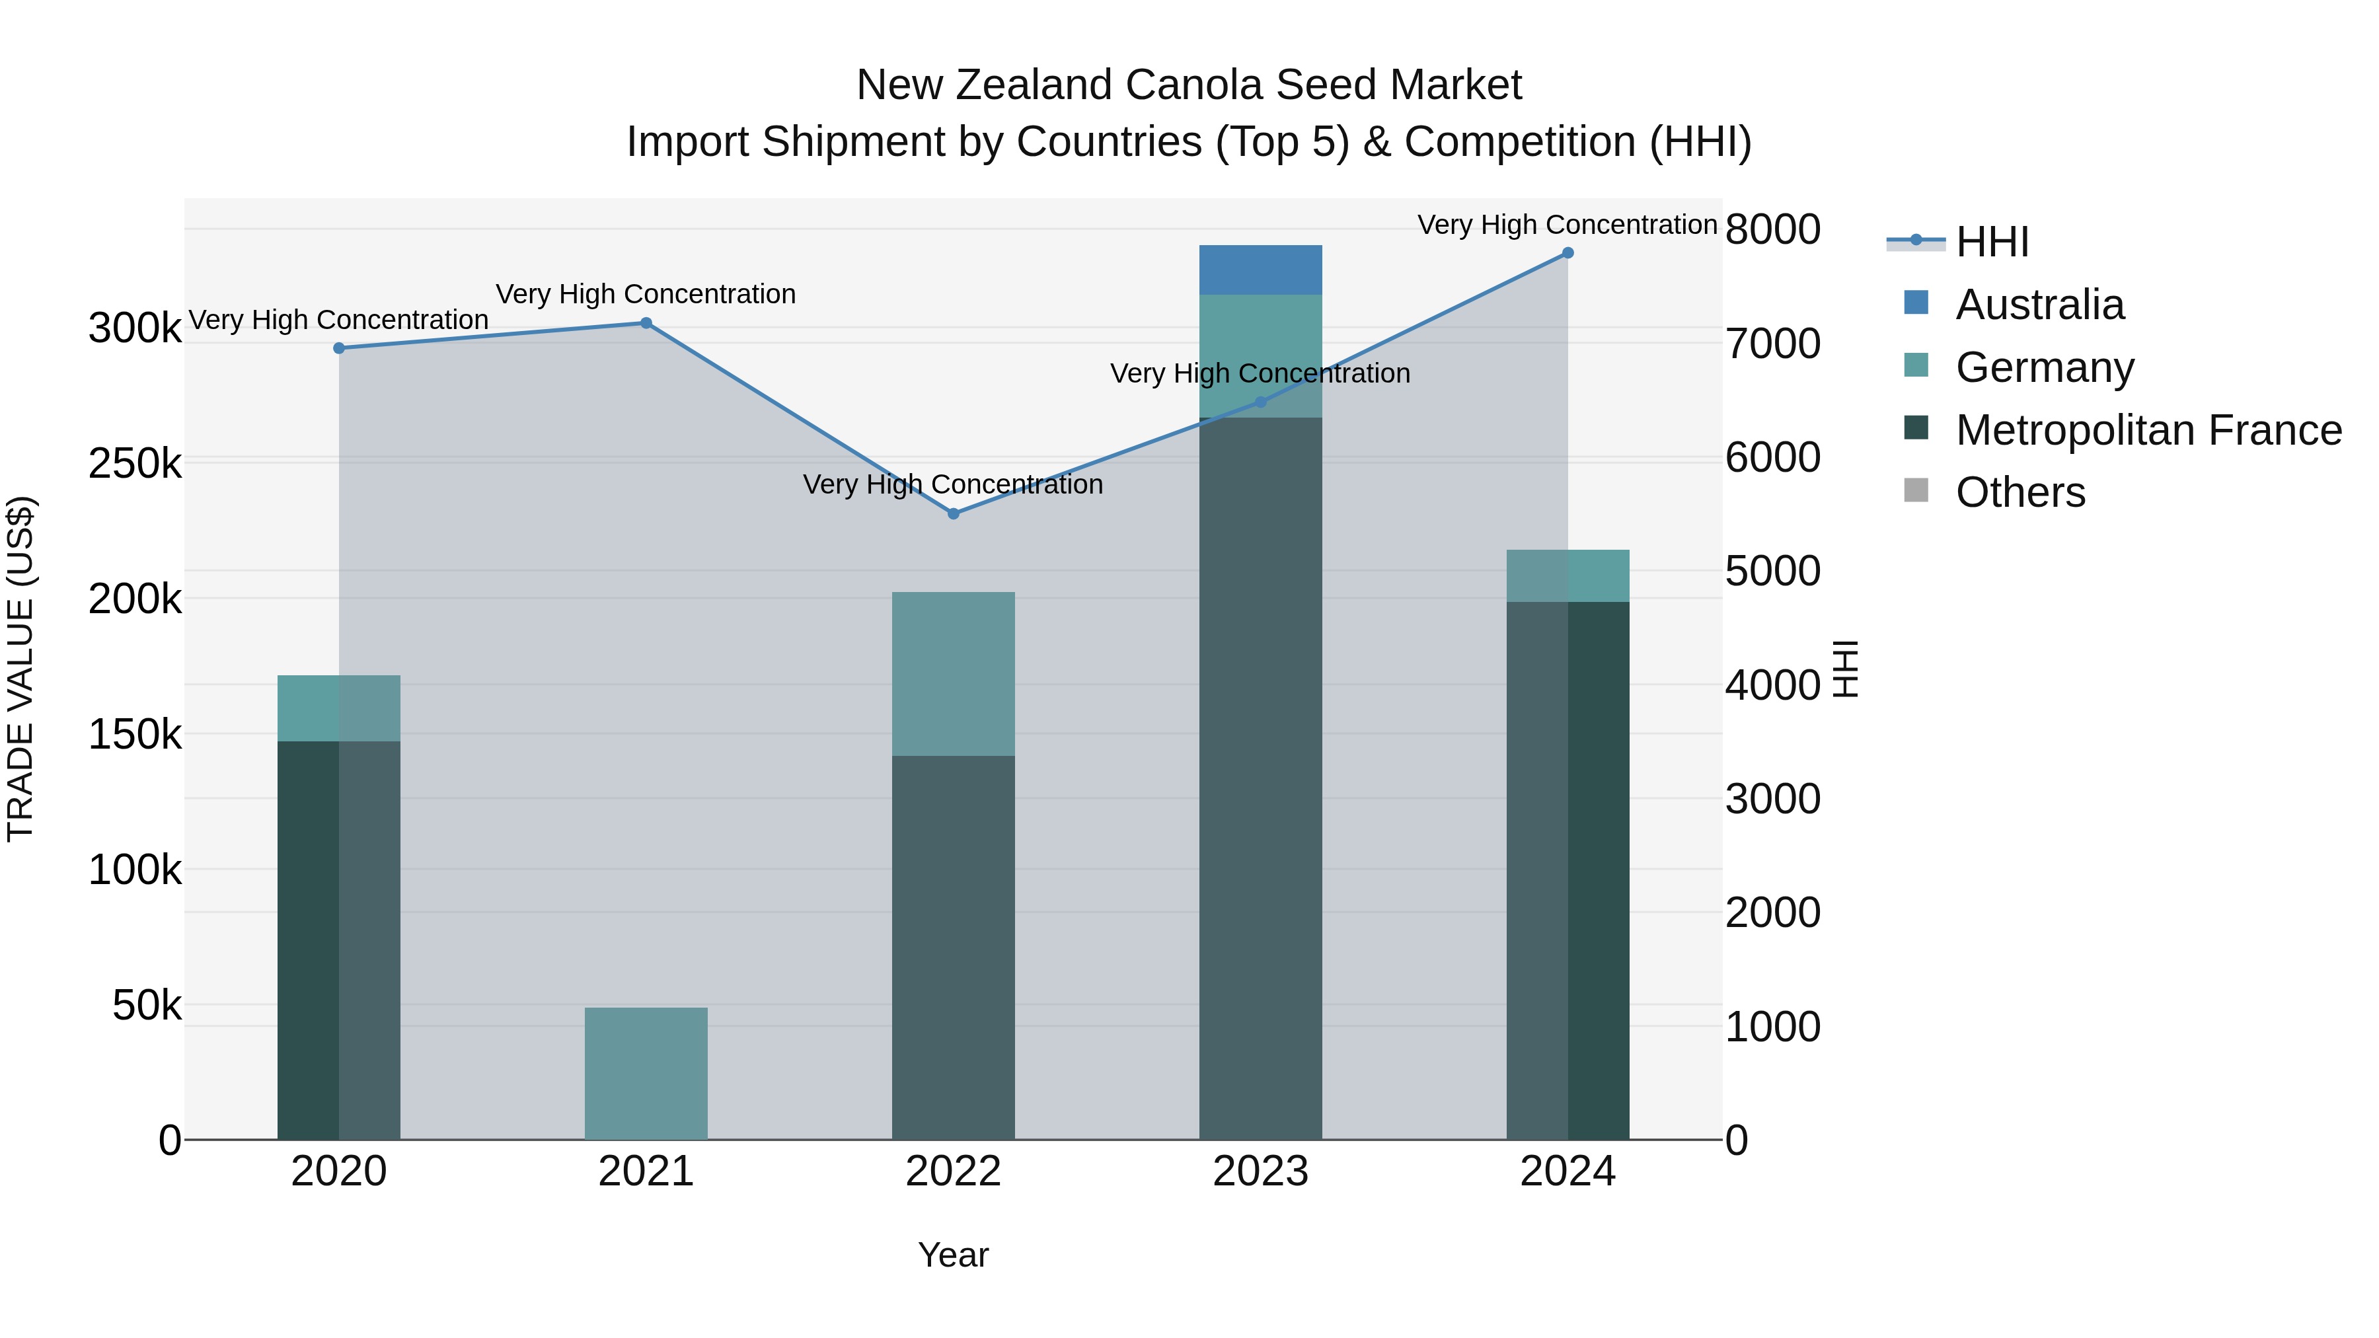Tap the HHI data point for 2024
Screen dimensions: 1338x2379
pyautogui.click(x=1567, y=253)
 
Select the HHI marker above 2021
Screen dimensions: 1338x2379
pyautogui.click(x=646, y=323)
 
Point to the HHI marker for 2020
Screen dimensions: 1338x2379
pyautogui.click(x=339, y=348)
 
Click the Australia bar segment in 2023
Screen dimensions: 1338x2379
pyautogui.click(x=1261, y=270)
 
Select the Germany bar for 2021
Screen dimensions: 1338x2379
pyautogui.click(x=646, y=1073)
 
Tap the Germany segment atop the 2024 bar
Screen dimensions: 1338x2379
pyautogui.click(x=1567, y=576)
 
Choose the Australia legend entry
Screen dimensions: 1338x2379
pyautogui.click(x=2039, y=305)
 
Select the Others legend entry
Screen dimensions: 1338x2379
pyautogui.click(x=2020, y=493)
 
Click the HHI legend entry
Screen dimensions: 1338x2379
pyautogui.click(x=1992, y=242)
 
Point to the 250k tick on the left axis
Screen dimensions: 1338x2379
pyautogui.click(x=135, y=464)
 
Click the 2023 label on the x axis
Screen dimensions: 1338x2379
pyautogui.click(x=1261, y=1171)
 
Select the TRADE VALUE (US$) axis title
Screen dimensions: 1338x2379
pyautogui.click(x=20, y=669)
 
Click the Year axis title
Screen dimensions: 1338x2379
pyautogui.click(x=953, y=1255)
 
